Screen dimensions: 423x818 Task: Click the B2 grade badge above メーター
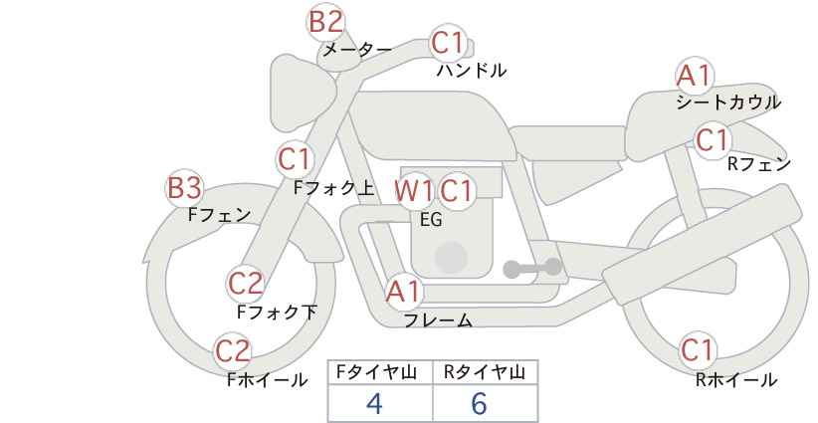point(326,21)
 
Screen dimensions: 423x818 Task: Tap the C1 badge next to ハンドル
point(449,43)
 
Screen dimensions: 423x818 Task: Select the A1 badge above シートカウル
point(694,76)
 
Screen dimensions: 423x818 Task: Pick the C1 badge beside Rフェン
point(713,140)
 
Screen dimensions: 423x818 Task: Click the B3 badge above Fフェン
point(184,187)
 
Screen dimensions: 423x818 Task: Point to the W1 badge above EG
point(414,190)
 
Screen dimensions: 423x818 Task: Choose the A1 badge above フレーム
point(404,292)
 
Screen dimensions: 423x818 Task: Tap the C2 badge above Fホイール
point(233,350)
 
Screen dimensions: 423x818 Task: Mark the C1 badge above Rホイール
point(698,350)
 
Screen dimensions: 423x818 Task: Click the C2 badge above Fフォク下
point(245,283)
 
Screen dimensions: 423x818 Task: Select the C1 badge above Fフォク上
point(296,158)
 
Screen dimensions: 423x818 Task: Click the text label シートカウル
point(727,103)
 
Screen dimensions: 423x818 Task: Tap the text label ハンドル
point(472,71)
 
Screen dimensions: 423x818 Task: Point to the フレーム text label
point(438,320)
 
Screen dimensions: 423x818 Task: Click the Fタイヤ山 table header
point(380,373)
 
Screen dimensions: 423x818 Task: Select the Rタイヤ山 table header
point(485,373)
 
